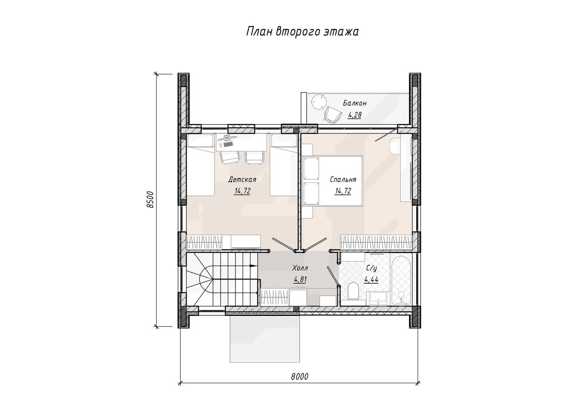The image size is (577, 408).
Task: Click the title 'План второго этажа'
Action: point(302,32)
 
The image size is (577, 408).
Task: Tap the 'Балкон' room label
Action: point(354,104)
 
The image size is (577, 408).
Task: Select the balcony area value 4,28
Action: point(355,115)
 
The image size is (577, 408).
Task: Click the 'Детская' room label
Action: point(242,179)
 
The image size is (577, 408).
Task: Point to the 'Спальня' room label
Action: point(343,179)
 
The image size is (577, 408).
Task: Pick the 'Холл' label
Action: point(300,268)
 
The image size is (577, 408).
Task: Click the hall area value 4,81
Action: point(300,280)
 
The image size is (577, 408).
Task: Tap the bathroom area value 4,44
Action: point(371,280)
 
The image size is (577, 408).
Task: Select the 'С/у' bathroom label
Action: point(371,269)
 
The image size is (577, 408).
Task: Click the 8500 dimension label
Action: point(150,199)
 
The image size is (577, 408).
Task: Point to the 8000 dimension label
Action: point(300,377)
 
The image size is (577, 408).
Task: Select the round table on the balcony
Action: point(319,102)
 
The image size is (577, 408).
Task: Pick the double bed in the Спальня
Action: point(332,181)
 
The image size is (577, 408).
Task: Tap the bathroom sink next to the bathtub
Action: point(378,298)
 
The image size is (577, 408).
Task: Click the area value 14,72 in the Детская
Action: point(242,191)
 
